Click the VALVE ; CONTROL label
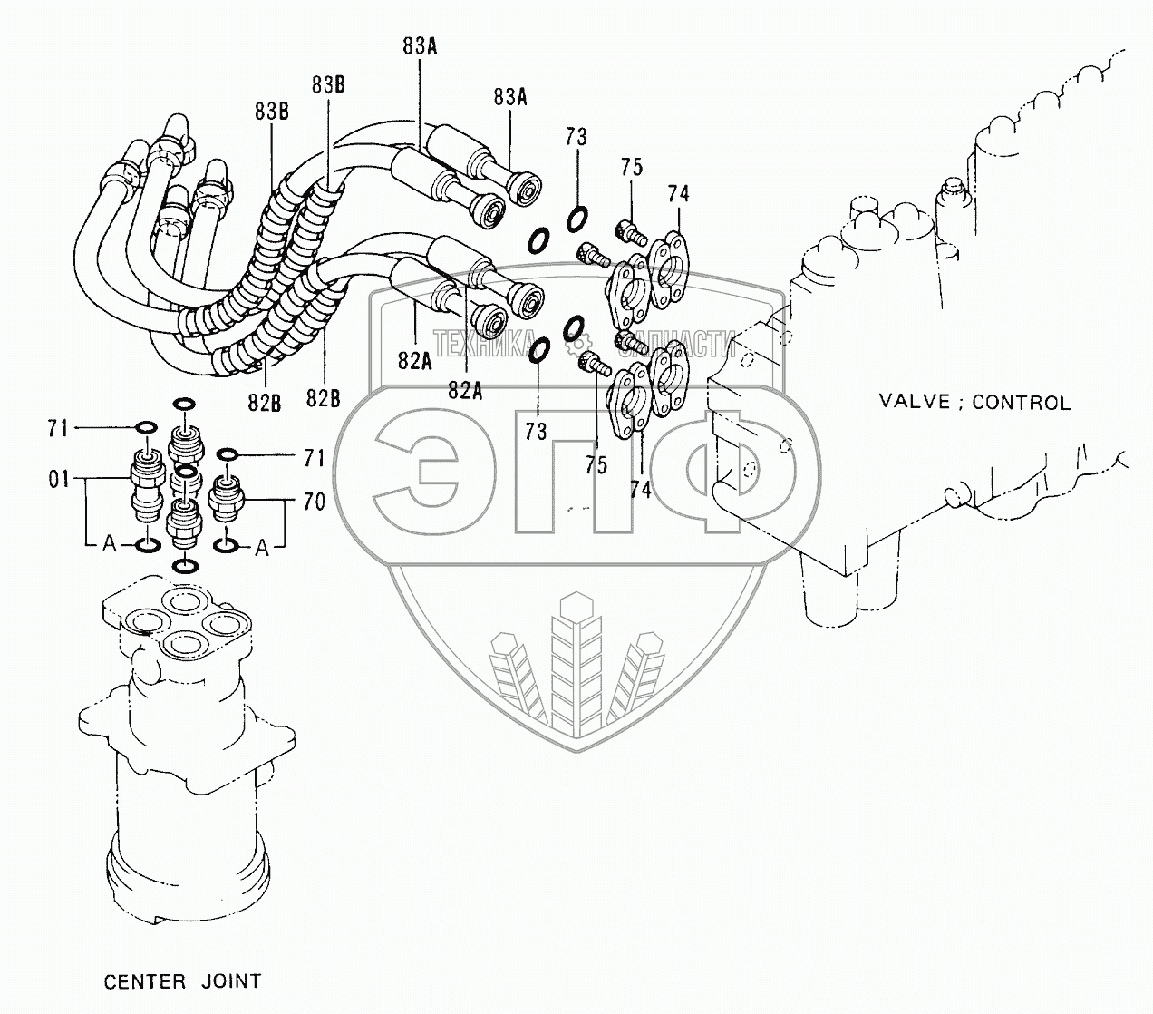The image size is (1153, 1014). [x=974, y=402]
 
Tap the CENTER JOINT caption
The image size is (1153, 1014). [x=182, y=981]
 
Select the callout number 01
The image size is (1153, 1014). [x=59, y=479]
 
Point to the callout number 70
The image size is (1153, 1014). [x=314, y=501]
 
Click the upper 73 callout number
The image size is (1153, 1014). [x=576, y=137]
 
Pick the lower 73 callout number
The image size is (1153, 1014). [x=536, y=432]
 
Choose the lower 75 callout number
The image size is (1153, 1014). [x=595, y=464]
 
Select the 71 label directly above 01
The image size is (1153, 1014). [x=59, y=428]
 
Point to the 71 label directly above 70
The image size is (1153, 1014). [x=314, y=459]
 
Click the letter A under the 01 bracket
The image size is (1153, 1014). [x=109, y=544]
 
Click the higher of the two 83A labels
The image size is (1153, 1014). [x=421, y=47]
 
